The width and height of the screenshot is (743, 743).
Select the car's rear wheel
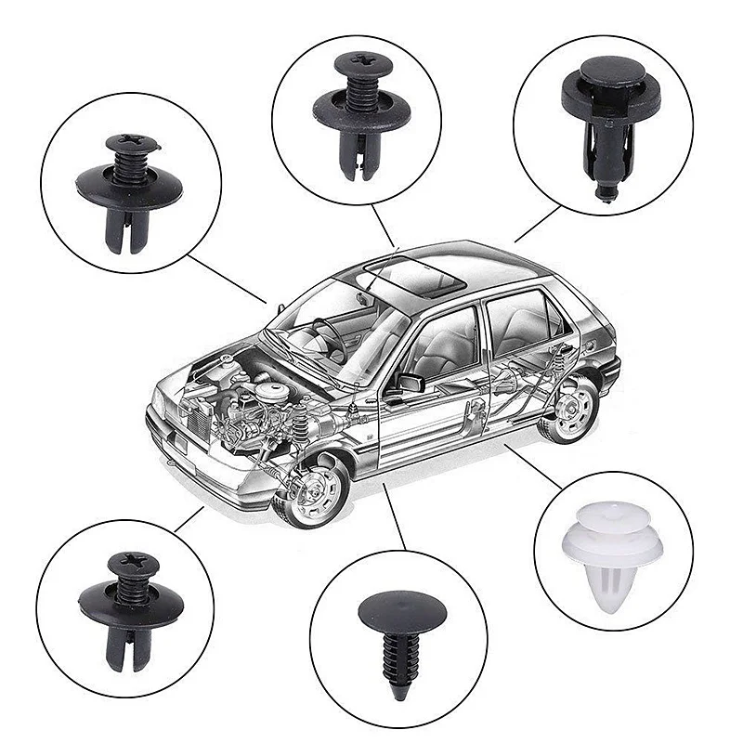(568, 409)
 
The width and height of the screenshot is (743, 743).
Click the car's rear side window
(520, 320)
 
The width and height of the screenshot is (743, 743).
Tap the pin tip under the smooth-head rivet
(605, 192)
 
